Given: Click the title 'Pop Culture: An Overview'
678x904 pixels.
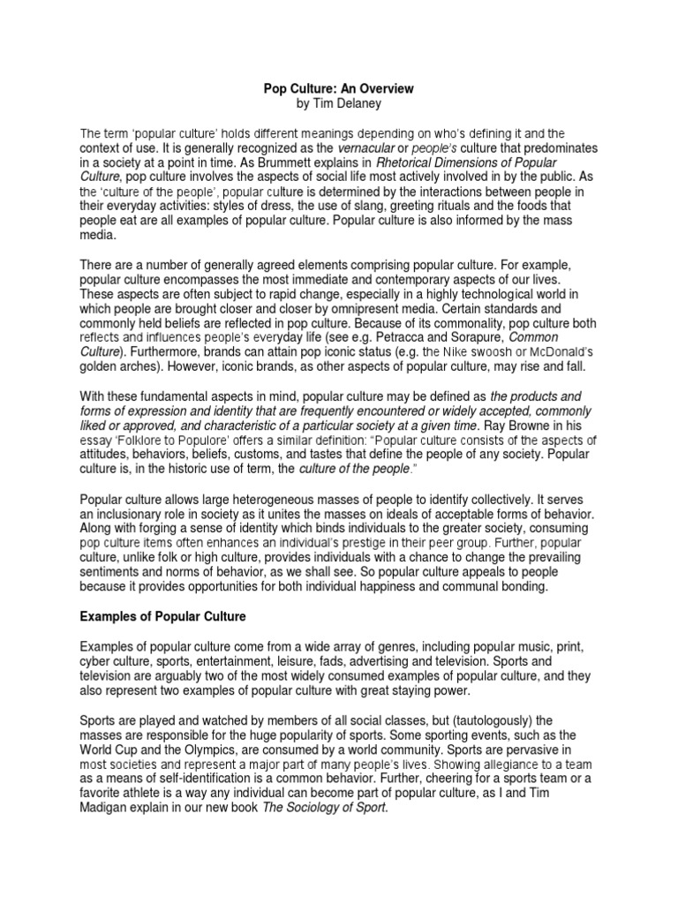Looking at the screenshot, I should coord(339,89).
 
